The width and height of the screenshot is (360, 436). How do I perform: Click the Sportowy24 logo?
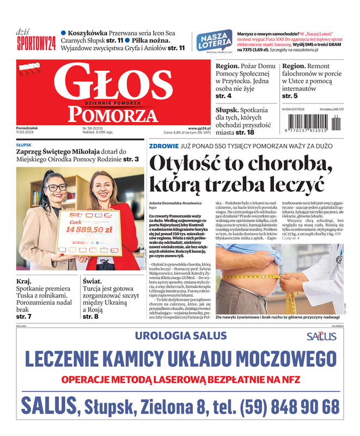36,43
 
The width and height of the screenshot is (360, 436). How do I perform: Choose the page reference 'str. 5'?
289,96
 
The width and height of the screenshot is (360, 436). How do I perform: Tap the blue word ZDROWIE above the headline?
164,146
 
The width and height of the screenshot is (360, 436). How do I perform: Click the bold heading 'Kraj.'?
25,281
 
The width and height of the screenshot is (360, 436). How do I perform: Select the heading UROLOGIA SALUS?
173,335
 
